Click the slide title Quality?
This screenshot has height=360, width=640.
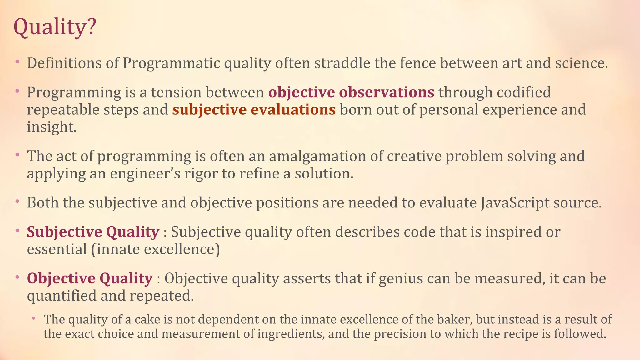[55, 27]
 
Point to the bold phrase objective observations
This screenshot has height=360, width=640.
[351, 92]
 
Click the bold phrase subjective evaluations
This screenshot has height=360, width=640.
[254, 110]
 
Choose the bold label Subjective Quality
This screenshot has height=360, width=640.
[93, 232]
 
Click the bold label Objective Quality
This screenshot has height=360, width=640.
[90, 278]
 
